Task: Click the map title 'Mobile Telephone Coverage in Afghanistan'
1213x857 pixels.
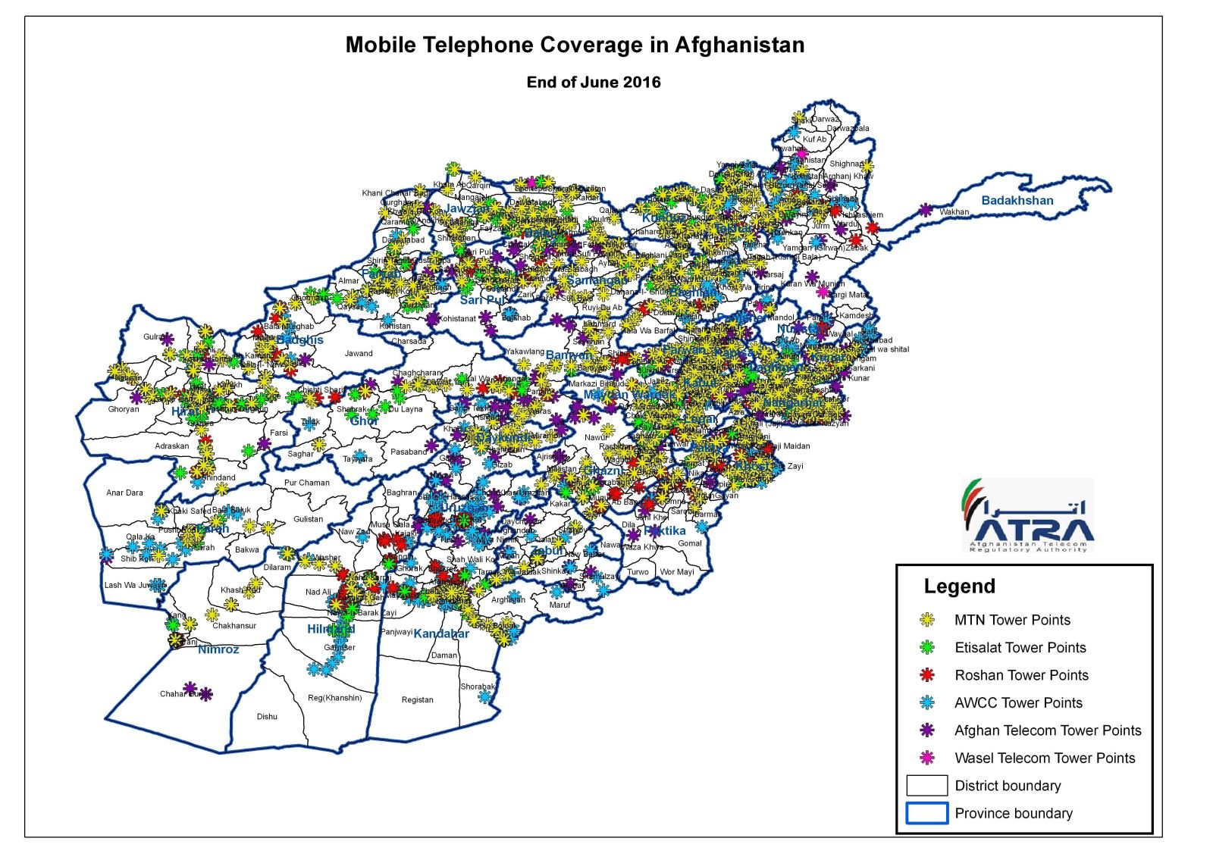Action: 575,45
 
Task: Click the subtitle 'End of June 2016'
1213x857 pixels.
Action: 594,83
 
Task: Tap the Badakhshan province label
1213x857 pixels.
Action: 1017,201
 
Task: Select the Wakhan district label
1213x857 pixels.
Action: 954,212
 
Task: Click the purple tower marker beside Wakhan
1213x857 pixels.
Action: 926,210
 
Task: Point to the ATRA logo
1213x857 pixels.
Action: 1027,515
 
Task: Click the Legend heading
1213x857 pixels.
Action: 959,586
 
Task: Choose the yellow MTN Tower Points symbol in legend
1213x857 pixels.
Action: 926,620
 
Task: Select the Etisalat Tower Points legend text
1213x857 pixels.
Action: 1020,648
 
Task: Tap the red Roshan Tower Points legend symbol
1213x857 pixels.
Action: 926,675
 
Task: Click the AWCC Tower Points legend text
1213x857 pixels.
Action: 1018,703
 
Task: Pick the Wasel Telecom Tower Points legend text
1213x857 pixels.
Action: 1045,758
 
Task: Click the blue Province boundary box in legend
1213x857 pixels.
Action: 926,813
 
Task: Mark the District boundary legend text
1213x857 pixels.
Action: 1008,786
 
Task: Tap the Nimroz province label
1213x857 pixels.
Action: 218,649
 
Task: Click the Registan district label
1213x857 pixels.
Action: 417,699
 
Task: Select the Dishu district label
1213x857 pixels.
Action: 267,716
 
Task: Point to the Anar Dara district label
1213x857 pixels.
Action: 124,493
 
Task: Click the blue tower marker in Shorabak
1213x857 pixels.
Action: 484,696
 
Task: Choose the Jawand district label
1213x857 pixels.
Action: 359,353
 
